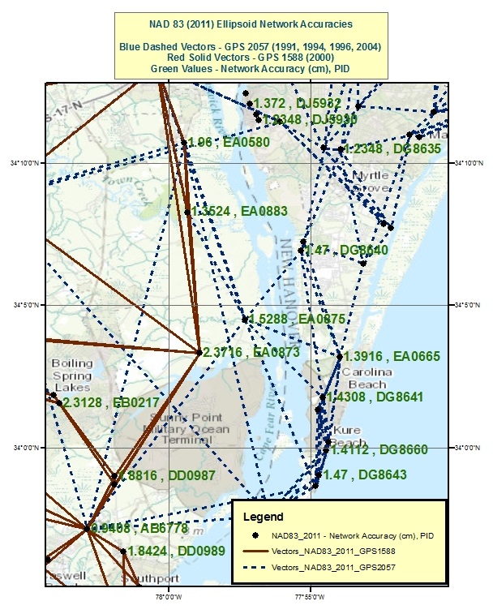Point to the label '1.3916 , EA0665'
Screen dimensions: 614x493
[380, 356]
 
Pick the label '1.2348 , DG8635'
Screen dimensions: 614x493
[392, 149]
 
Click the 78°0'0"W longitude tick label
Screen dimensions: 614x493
[167, 599]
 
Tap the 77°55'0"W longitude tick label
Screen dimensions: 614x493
[311, 599]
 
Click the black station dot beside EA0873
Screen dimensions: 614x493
[199, 352]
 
